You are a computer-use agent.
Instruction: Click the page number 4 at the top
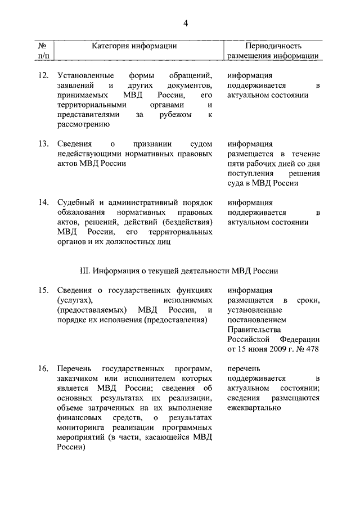(185, 22)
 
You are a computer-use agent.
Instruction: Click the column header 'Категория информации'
(134, 46)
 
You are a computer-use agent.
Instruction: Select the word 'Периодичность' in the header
(273, 46)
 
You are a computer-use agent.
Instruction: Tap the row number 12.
(43, 75)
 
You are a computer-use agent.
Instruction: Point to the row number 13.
(43, 143)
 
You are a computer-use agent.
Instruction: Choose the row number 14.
(43, 202)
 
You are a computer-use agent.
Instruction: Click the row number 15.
(43, 290)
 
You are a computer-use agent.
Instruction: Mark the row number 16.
(43, 368)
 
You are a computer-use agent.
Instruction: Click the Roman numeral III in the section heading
(87, 270)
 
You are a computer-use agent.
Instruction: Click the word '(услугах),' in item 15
(75, 300)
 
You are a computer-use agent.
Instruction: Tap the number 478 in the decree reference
(312, 349)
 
